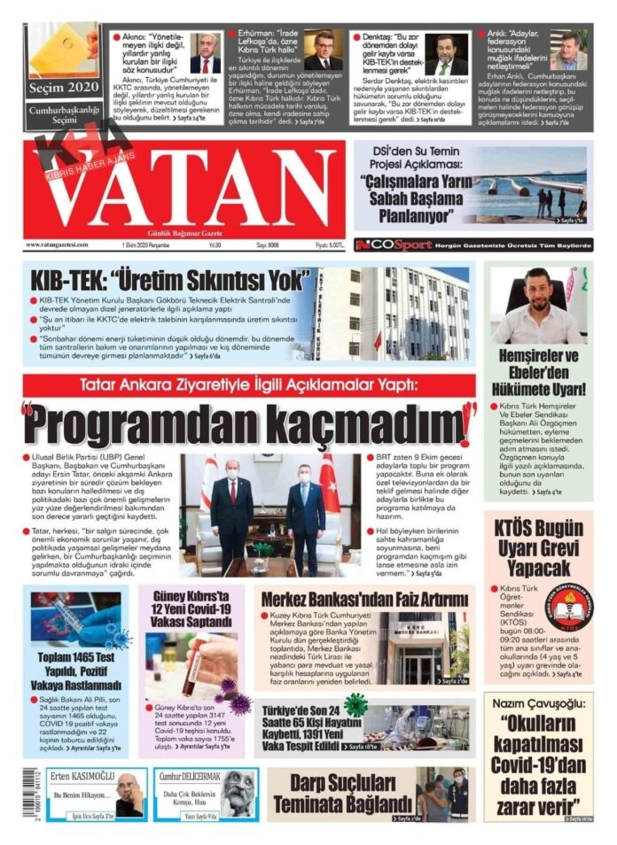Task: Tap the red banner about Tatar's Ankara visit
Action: click(x=249, y=384)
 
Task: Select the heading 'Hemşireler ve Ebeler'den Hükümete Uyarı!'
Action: click(x=538, y=372)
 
